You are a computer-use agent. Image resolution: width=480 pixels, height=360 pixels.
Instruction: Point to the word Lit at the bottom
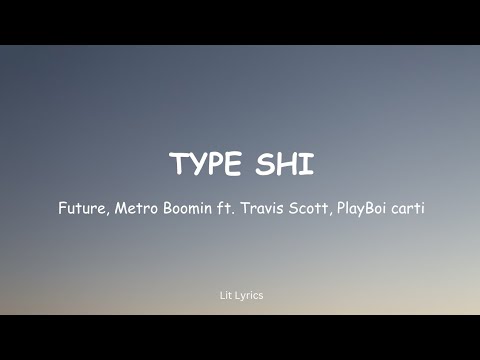pos(224,295)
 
